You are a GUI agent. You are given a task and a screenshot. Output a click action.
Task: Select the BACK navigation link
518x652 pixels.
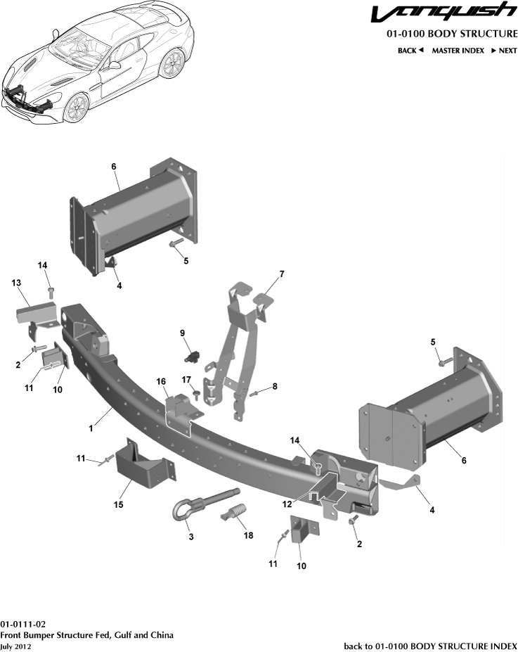click(410, 51)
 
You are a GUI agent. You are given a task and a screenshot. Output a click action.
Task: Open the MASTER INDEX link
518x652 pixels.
click(458, 51)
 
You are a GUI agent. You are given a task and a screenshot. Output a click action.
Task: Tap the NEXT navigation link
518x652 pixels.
click(504, 51)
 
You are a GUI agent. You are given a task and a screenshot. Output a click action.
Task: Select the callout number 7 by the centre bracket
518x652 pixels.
click(281, 273)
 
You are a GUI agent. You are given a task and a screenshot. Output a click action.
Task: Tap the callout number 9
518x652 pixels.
click(182, 333)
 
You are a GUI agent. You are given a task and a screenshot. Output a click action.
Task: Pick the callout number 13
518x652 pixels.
click(16, 282)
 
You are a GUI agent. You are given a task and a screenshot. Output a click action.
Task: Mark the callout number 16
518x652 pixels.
click(161, 381)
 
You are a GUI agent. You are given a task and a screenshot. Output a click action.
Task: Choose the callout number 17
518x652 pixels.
click(187, 381)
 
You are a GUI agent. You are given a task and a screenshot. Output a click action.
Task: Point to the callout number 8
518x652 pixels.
click(275, 386)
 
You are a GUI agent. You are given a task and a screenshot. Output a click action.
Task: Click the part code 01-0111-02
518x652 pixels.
click(23, 624)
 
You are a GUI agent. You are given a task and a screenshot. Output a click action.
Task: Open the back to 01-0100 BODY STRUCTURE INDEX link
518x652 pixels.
click(430, 646)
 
